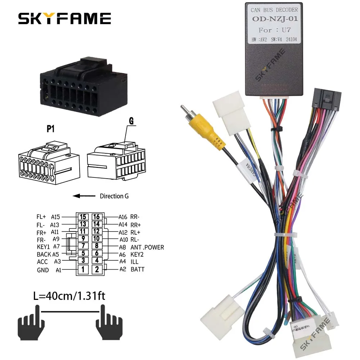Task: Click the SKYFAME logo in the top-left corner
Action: (64, 18)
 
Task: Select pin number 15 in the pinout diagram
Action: (83, 217)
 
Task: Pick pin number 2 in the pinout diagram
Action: (96, 269)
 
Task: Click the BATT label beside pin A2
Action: (137, 269)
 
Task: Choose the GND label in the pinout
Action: (42, 270)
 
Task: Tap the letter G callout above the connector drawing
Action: (131, 121)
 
